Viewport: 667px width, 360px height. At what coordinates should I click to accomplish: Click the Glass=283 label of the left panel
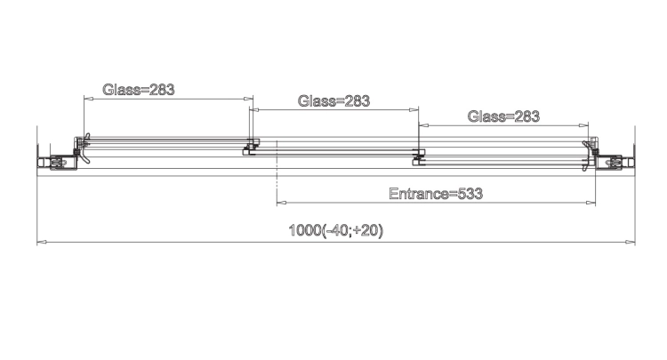[139, 90]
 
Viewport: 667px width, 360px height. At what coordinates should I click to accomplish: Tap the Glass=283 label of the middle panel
[333, 101]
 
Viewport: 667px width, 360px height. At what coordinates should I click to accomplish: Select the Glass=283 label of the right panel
[503, 116]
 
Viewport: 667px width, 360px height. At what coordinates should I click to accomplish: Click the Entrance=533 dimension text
[436, 194]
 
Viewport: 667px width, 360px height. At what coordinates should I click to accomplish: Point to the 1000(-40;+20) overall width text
[336, 230]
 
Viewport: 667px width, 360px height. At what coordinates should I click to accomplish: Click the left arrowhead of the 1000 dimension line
[42, 243]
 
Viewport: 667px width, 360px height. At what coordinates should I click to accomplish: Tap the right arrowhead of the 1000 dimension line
[630, 243]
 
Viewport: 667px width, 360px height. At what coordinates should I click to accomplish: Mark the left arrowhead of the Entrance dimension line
[281, 203]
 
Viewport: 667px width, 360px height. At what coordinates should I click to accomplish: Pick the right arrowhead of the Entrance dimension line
[591, 203]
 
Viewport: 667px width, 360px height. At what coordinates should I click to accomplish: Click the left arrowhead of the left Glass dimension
[88, 99]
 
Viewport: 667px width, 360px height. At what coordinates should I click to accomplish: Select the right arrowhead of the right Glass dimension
[583, 125]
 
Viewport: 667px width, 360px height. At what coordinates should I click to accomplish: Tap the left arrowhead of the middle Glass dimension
[254, 109]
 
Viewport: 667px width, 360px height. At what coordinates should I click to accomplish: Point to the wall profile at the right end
[615, 162]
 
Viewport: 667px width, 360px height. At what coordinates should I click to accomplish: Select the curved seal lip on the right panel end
[587, 156]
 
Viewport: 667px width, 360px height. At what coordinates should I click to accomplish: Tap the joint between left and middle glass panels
[251, 146]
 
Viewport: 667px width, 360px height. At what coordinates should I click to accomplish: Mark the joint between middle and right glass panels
[419, 156]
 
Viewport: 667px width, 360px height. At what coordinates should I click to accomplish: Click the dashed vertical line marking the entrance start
[277, 173]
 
